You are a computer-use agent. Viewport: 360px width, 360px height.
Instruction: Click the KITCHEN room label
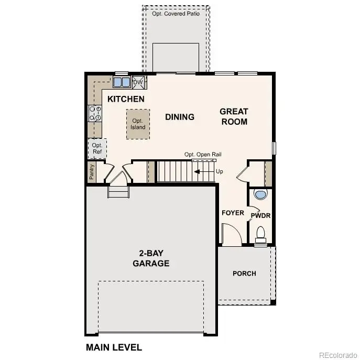point(126,99)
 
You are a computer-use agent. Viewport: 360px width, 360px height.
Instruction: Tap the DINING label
point(180,117)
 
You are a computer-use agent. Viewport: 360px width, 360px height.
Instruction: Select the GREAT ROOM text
point(234,116)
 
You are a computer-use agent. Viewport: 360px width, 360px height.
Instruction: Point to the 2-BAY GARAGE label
point(151,258)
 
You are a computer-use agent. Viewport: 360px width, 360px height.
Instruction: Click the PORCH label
point(244,273)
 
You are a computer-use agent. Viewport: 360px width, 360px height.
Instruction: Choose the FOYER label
point(233,213)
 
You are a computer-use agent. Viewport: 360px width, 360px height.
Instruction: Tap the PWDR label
point(260,215)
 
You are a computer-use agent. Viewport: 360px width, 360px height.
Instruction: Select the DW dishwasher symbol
point(138,82)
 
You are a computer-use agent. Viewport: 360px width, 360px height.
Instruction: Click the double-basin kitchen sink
point(122,82)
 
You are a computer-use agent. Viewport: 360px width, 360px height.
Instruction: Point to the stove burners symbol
point(95,113)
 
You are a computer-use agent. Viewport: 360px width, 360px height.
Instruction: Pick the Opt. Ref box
point(97,148)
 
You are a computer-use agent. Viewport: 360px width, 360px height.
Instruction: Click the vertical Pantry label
point(92,171)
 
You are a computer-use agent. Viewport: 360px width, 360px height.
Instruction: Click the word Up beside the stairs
point(219,171)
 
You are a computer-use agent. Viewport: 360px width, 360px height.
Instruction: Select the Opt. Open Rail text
point(203,155)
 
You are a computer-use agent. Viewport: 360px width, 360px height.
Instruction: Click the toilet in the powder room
point(260,233)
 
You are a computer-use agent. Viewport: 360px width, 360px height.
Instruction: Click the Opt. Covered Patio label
point(176,14)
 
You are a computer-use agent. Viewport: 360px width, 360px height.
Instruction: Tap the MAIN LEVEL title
point(113,347)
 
